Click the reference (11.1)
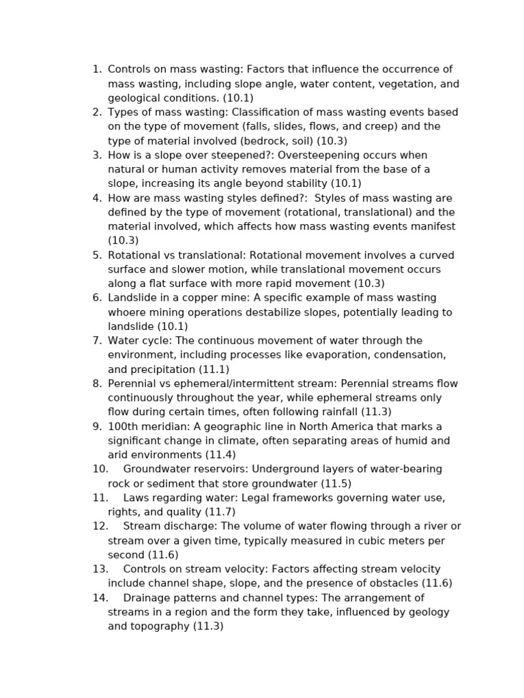point(214,369)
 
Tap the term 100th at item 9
point(122,426)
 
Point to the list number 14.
point(100,598)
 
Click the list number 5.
point(97,256)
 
